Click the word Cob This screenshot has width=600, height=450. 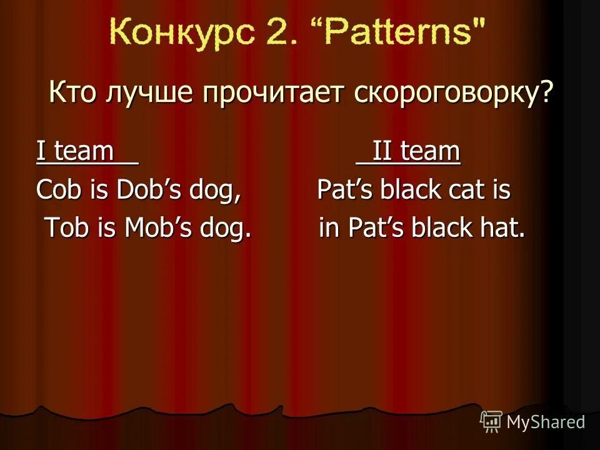pos(57,191)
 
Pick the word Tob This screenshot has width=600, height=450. pos(67,229)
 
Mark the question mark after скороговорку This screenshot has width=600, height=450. pos(547,94)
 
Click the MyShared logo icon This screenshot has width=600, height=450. pos(491,422)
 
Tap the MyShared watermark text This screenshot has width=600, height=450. pos(546,422)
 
